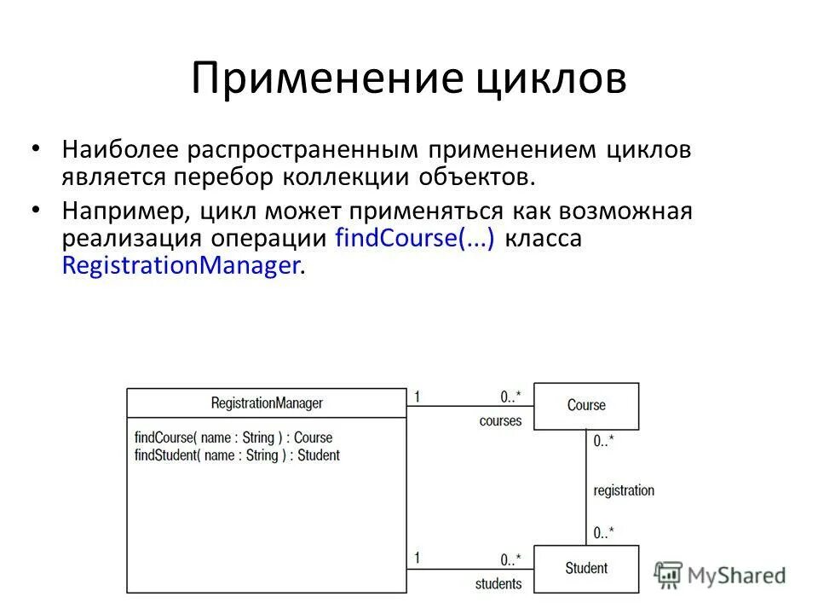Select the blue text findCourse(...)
pyautogui.click(x=415, y=238)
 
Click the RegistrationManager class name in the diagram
pyautogui.click(x=267, y=403)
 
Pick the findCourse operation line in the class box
pyautogui.click(x=233, y=437)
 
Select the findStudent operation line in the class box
pyautogui.click(x=237, y=455)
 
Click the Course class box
pyautogui.click(x=586, y=406)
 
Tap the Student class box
pyautogui.click(x=586, y=568)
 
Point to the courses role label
pyautogui.click(x=500, y=421)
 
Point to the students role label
pyautogui.click(x=498, y=584)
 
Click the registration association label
pyautogui.click(x=624, y=490)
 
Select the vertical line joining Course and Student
pyautogui.click(x=586, y=486)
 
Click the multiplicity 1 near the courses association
pyautogui.click(x=418, y=396)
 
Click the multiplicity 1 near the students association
pyautogui.click(x=418, y=558)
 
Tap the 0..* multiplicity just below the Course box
pyautogui.click(x=603, y=441)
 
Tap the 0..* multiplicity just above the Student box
pyautogui.click(x=603, y=533)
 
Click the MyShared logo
pyautogui.click(x=720, y=575)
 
